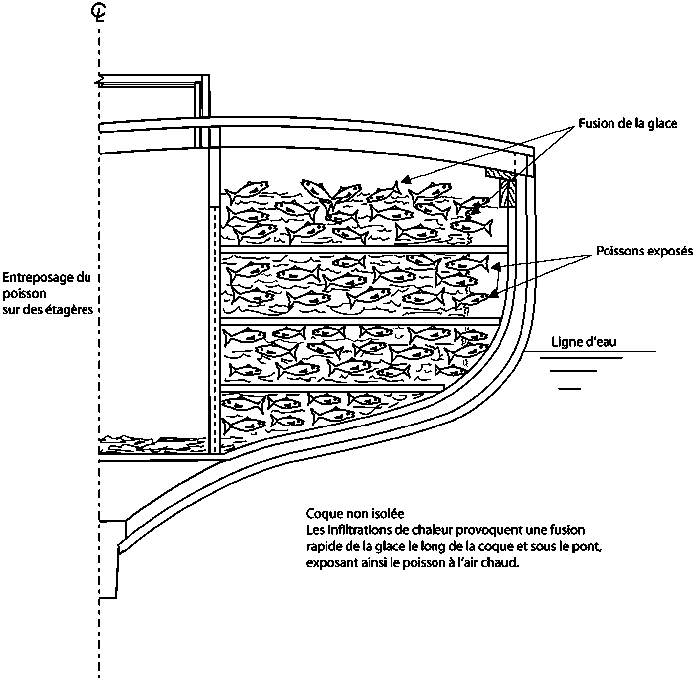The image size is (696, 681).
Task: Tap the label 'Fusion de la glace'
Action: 627,124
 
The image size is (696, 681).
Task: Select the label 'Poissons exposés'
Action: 644,252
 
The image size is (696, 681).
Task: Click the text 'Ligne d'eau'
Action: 584,342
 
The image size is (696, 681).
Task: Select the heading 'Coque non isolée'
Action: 355,514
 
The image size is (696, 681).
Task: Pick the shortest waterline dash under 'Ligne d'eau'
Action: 570,389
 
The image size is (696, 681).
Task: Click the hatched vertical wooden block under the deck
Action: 508,193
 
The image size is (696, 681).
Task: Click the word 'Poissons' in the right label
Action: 619,252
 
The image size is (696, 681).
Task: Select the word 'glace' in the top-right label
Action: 663,124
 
